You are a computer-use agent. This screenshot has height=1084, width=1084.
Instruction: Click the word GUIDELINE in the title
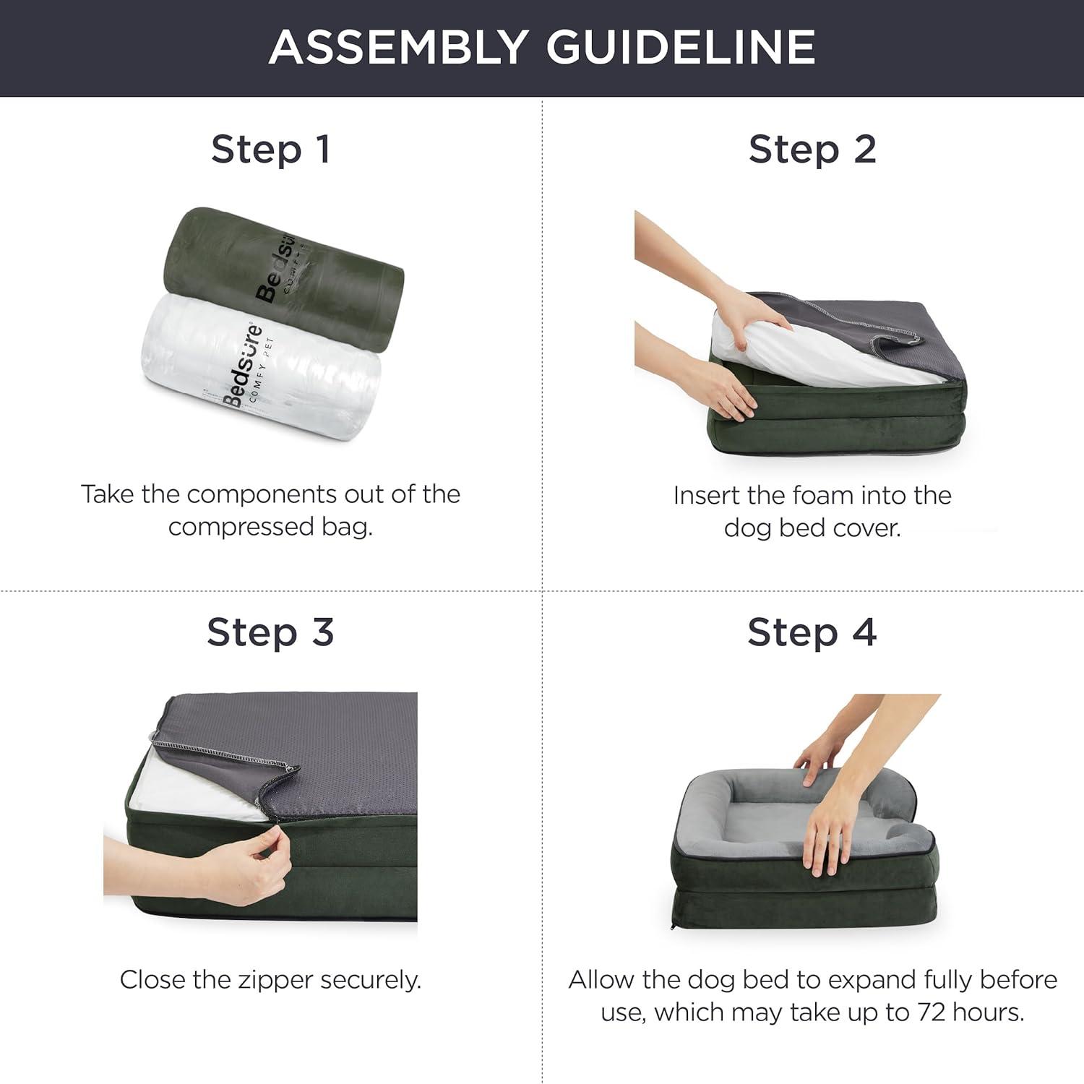680,47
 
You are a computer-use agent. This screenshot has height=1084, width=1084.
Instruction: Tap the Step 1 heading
271,149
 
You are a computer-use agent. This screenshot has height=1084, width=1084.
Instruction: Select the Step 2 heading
812,149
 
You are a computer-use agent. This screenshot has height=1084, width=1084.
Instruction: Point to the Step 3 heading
270,632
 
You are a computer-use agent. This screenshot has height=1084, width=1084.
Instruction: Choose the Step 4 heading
812,632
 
